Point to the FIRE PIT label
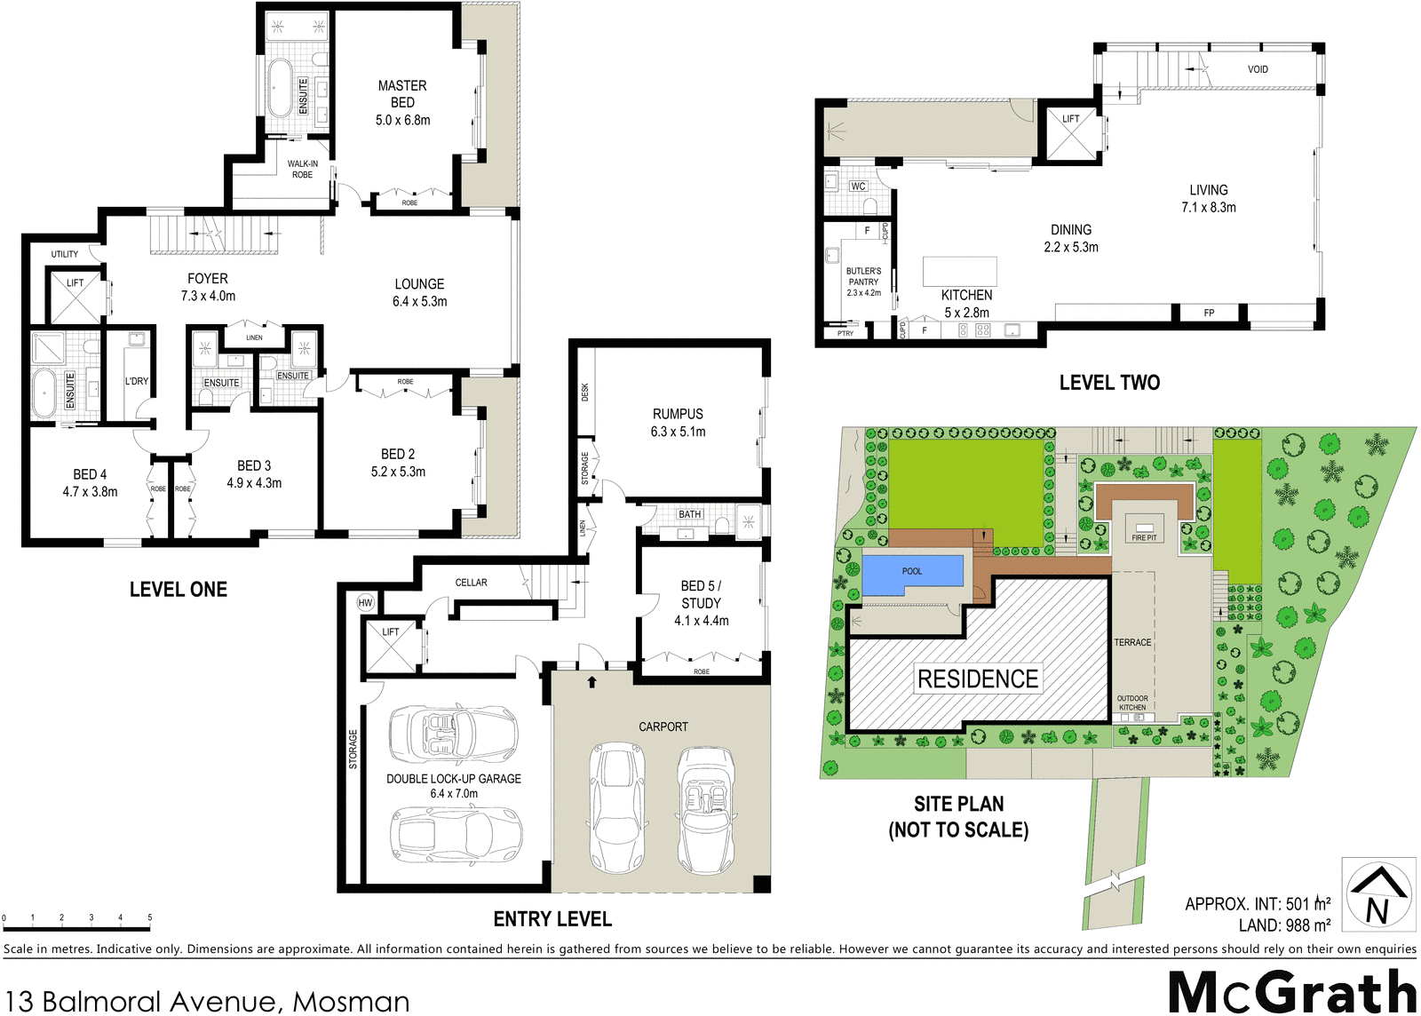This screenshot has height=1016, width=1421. click(x=1144, y=537)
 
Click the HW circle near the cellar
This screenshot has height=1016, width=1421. click(x=365, y=602)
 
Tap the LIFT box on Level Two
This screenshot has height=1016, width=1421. click(x=1071, y=133)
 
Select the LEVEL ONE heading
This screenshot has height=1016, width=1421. click(x=179, y=590)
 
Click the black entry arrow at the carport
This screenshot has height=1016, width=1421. click(x=591, y=682)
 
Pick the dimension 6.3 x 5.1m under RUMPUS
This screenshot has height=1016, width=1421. click(x=678, y=432)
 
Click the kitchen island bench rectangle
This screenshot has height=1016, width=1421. click(x=959, y=271)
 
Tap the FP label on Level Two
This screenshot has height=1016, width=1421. click(x=1209, y=313)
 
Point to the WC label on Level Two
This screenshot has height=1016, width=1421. click(x=858, y=187)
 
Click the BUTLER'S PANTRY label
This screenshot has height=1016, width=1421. click(x=863, y=276)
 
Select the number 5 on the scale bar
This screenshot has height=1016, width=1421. click(x=149, y=917)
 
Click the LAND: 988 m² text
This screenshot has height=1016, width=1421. click(x=1284, y=925)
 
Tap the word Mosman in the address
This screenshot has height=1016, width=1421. click(x=352, y=1002)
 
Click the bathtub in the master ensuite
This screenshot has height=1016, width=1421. click(x=279, y=88)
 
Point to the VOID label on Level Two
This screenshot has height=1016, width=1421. click(x=1258, y=69)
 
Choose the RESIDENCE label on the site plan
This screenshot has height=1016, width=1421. click(x=977, y=679)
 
